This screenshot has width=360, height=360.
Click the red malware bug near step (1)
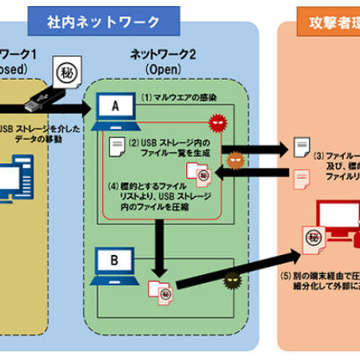tap(217, 122)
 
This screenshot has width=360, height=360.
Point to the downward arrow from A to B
tap(158, 251)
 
